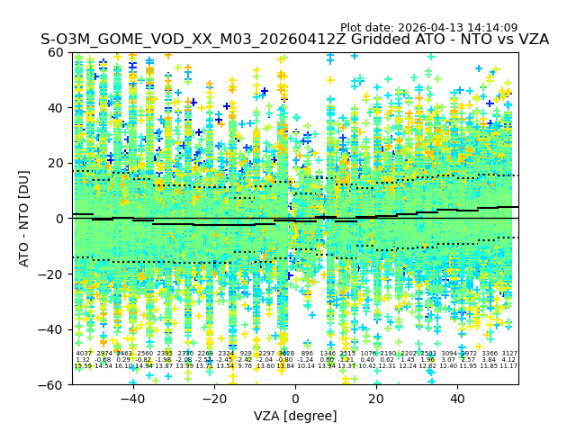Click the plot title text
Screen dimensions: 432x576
click(x=294, y=40)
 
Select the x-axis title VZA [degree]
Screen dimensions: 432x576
click(x=295, y=416)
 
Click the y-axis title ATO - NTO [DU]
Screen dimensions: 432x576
click(x=25, y=218)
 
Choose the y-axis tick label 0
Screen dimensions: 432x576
click(x=61, y=219)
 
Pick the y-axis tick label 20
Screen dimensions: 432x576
click(x=58, y=163)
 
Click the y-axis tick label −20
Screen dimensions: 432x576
click(x=53, y=274)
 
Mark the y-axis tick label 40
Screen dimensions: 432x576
click(x=58, y=108)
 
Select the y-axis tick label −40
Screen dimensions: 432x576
click(x=53, y=329)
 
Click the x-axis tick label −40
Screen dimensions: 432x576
click(x=132, y=399)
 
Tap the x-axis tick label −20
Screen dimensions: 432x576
click(x=213, y=399)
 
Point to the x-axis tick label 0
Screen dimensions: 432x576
click(x=295, y=399)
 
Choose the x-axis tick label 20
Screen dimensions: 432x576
click(x=376, y=399)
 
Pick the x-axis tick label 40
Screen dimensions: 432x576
click(x=457, y=399)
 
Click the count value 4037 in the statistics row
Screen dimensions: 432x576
click(x=83, y=354)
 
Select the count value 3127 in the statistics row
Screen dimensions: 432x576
click(x=509, y=354)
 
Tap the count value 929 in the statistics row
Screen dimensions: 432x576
click(x=246, y=354)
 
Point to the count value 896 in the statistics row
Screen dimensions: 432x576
click(x=307, y=354)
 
